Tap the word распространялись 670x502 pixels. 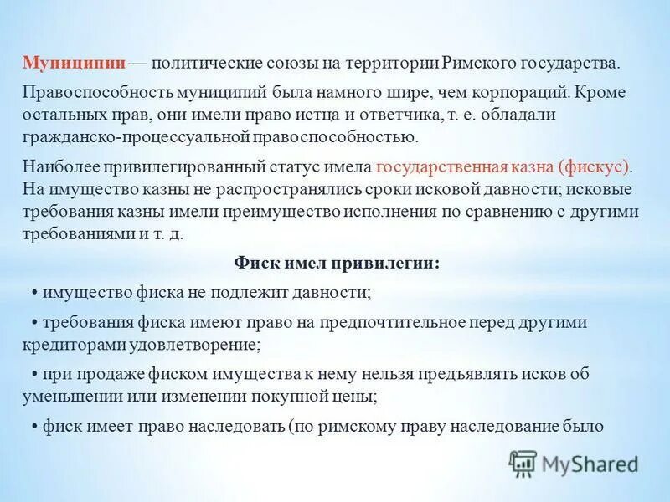point(317,189)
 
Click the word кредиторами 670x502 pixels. point(76,344)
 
